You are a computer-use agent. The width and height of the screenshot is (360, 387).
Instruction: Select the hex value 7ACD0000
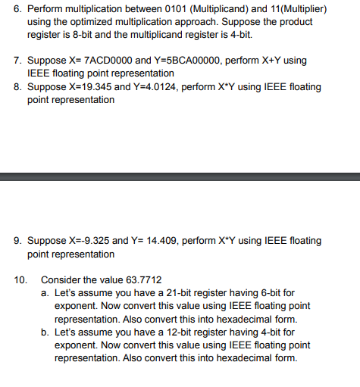point(105,59)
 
